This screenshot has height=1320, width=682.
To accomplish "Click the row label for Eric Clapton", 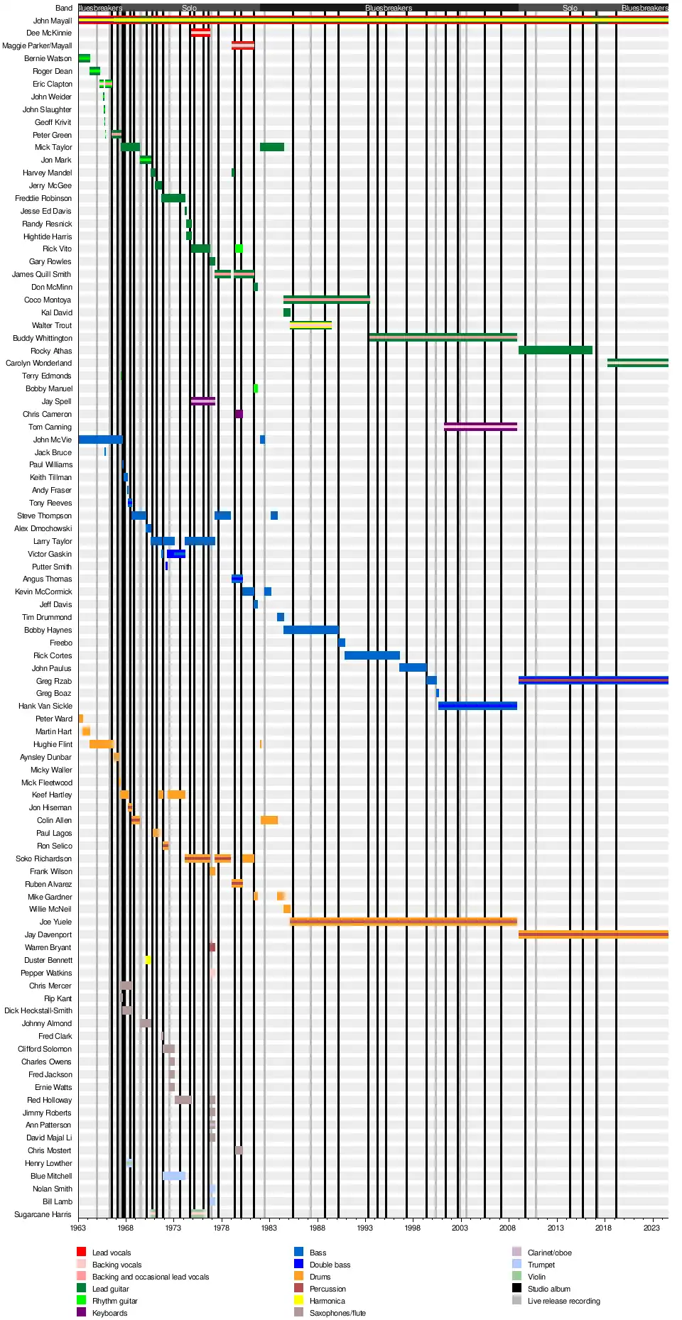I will (x=53, y=84).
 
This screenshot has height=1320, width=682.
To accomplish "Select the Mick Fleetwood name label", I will (x=47, y=782).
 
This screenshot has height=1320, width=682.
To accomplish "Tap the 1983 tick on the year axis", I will (x=269, y=1228).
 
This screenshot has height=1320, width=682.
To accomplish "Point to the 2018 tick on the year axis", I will (x=603, y=1228).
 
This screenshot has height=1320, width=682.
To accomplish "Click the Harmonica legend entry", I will (x=327, y=1301).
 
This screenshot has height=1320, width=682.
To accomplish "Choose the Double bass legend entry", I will (x=330, y=1265).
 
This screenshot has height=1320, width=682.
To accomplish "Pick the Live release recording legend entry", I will (x=563, y=1301).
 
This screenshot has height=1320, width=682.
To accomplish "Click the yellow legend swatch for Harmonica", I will (x=299, y=1300).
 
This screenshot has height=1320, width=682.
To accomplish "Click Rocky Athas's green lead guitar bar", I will (x=555, y=350).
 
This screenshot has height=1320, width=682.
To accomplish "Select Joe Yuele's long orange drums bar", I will (x=403, y=922).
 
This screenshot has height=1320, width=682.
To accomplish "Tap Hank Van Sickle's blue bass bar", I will (x=477, y=706).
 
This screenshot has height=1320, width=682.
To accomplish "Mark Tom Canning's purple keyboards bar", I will (x=480, y=427).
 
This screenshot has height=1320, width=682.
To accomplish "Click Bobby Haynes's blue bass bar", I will (x=310, y=630).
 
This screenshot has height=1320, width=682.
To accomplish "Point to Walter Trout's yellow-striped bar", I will (x=310, y=325).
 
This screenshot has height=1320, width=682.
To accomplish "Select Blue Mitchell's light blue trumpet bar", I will (x=173, y=1176).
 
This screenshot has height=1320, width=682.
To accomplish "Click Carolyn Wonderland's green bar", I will (x=637, y=363).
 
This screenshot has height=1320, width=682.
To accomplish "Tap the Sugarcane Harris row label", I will (x=43, y=1214).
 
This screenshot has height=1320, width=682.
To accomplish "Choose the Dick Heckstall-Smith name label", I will (x=38, y=1010).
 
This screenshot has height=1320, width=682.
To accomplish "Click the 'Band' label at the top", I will (x=64, y=8).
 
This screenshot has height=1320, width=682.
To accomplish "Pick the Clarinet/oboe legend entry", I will (x=549, y=1253).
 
